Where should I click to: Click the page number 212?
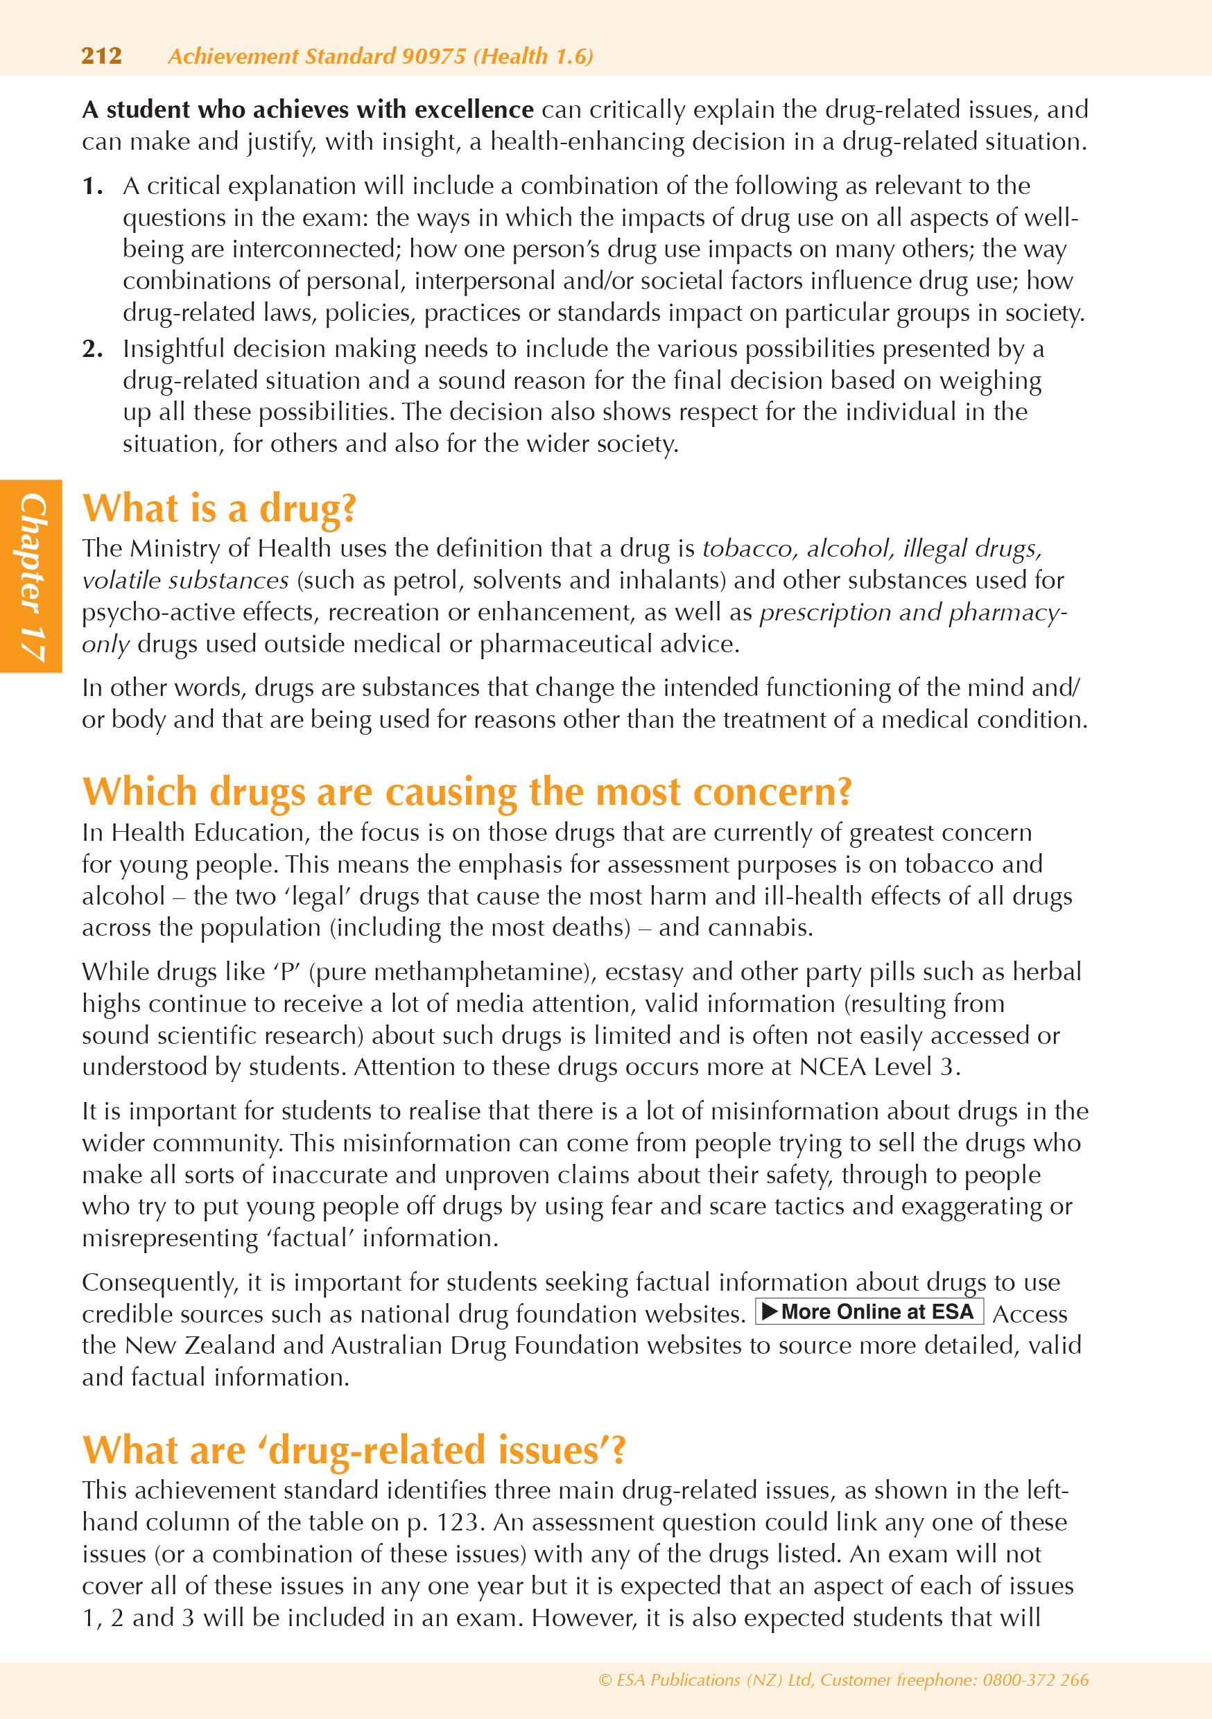(101, 56)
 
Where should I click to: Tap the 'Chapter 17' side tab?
(31, 576)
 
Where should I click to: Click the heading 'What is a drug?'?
(218, 508)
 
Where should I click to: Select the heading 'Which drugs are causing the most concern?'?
(467, 792)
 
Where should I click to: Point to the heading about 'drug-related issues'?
(353, 1449)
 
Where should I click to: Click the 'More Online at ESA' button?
(869, 1312)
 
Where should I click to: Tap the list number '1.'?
(92, 186)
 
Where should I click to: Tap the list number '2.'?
(92, 349)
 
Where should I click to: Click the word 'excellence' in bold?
(474, 110)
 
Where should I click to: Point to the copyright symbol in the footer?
(605, 1680)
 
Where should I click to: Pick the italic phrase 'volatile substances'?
(185, 580)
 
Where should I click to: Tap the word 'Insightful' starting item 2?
(175, 349)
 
